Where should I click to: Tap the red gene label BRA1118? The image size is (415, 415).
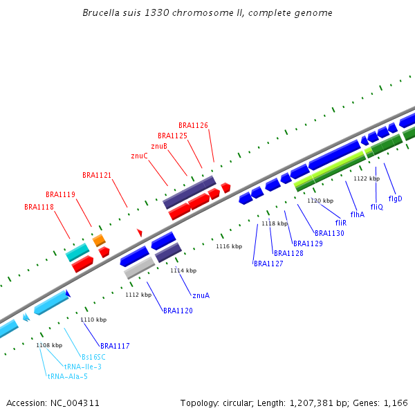(x=39, y=207)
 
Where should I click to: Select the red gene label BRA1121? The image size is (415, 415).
(x=97, y=175)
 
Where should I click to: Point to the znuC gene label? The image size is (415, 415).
(x=139, y=156)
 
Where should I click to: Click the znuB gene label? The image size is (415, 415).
(x=159, y=146)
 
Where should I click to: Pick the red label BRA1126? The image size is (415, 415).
(x=193, y=125)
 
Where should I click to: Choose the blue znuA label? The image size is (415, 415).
(x=201, y=295)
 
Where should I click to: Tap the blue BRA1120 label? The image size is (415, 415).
(x=178, y=311)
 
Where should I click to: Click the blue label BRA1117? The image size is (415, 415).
(x=115, y=345)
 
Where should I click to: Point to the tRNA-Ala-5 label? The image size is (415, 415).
(x=67, y=376)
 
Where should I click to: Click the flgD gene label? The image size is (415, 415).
(x=395, y=199)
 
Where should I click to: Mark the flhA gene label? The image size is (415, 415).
(x=357, y=214)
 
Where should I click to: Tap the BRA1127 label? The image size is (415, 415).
(x=268, y=264)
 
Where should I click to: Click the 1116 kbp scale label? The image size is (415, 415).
(x=229, y=246)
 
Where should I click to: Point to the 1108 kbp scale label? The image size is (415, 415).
(x=48, y=344)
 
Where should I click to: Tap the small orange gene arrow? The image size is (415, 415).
(x=99, y=240)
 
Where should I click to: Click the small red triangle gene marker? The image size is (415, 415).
(x=139, y=232)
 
